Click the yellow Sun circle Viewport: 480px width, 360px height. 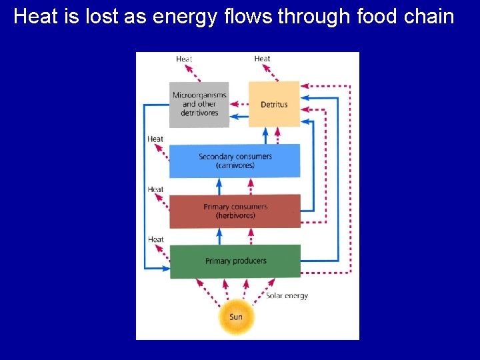click(236, 317)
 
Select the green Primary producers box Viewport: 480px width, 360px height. click(235, 261)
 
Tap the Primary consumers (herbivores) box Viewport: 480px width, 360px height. click(235, 211)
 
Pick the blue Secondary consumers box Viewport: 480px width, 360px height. click(235, 161)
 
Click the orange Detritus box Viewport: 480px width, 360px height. click(274, 105)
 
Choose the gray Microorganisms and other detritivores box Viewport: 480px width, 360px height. click(199, 105)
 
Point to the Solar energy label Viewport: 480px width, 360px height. click(287, 296)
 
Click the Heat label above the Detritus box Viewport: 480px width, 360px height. click(262, 59)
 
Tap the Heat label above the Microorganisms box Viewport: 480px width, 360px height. click(184, 59)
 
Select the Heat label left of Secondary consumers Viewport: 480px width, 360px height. click(155, 139)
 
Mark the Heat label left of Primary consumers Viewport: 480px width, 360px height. click(155, 189)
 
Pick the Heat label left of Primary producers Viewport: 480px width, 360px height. click(155, 239)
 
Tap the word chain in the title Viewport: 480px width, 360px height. click(428, 16)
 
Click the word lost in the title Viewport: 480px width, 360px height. click(98, 16)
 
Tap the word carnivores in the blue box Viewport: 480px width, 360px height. click(235, 165)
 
